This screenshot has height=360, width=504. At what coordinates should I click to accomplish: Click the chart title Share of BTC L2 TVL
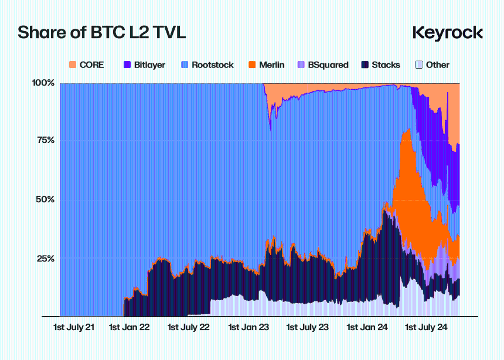click(x=101, y=32)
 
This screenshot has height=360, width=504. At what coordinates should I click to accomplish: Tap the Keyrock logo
click(x=447, y=33)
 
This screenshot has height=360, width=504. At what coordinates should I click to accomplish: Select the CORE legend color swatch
click(x=73, y=64)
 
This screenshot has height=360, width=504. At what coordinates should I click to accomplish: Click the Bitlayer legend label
click(x=149, y=65)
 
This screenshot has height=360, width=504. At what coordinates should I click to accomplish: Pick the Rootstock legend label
click(x=212, y=65)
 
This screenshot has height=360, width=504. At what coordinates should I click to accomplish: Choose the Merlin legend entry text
click(x=271, y=65)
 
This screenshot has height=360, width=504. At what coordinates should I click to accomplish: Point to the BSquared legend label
click(x=328, y=65)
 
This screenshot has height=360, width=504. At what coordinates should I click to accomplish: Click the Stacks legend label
click(x=386, y=65)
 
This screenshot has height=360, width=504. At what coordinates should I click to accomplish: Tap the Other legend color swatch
click(x=418, y=64)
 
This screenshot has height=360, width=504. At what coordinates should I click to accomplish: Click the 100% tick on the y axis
click(x=43, y=83)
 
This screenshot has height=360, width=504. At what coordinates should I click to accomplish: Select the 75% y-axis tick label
click(x=45, y=141)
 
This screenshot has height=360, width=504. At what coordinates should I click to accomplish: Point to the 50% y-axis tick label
click(x=45, y=199)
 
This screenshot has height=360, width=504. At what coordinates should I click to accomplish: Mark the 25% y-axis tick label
click(x=45, y=259)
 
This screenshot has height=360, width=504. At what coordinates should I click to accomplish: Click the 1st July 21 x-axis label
click(x=73, y=327)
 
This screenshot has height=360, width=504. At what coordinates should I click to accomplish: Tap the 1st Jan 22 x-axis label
click(x=130, y=327)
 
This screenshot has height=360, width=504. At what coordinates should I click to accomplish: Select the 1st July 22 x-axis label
click(x=189, y=327)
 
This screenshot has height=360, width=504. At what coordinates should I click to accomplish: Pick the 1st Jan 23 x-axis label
click(x=248, y=327)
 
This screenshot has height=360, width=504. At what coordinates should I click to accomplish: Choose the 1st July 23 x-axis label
click(x=307, y=327)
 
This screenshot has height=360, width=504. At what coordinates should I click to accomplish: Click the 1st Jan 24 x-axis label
click(x=366, y=327)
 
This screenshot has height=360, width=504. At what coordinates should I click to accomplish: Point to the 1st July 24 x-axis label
click(x=426, y=327)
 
